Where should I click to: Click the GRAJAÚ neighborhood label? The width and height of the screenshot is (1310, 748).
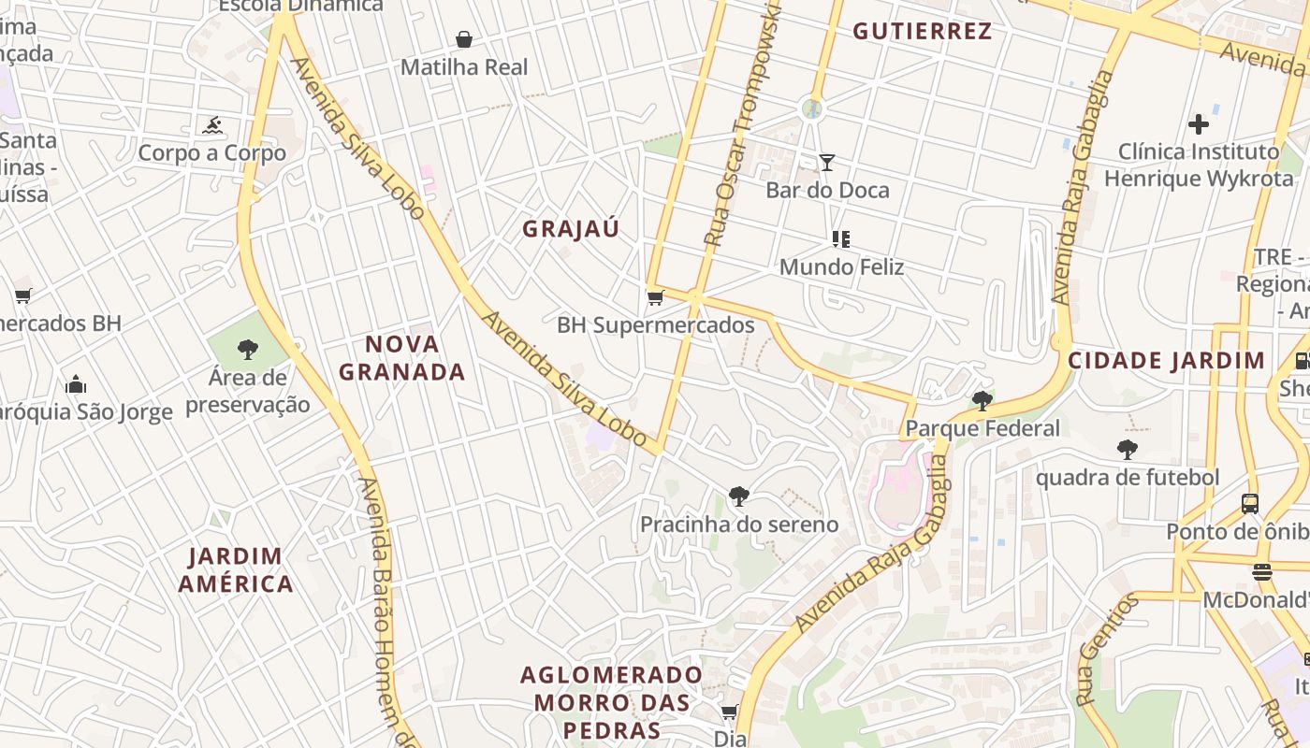[571, 229]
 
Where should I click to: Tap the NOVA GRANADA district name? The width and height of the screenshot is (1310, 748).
[402, 358]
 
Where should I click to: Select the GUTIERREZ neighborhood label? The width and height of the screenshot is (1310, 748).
[922, 31]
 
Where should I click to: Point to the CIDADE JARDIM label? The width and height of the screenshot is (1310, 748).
[1166, 361]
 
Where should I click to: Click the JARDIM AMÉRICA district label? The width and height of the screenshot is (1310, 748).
[236, 570]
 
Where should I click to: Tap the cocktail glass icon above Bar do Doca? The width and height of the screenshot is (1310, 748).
[827, 163]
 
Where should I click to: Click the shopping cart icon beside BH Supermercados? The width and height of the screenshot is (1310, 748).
[656, 297]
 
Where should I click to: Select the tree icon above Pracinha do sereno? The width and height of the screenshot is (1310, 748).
[739, 496]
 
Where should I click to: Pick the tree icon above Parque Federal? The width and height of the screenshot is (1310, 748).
[982, 401]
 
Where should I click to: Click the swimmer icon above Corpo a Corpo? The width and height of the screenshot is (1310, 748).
[212, 125]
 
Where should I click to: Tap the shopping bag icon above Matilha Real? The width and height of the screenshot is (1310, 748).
[463, 39]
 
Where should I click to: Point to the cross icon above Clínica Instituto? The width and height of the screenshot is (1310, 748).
[1199, 123]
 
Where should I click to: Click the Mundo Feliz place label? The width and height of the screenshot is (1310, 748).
[841, 267]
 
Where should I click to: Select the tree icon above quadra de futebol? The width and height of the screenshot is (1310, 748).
[1128, 450]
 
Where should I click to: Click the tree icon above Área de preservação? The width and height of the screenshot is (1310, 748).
[248, 351]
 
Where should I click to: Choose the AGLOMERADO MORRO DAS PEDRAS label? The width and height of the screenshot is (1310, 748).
[612, 702]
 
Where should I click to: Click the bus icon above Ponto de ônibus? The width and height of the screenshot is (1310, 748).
[1250, 503]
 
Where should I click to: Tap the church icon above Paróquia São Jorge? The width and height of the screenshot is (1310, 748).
[77, 384]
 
